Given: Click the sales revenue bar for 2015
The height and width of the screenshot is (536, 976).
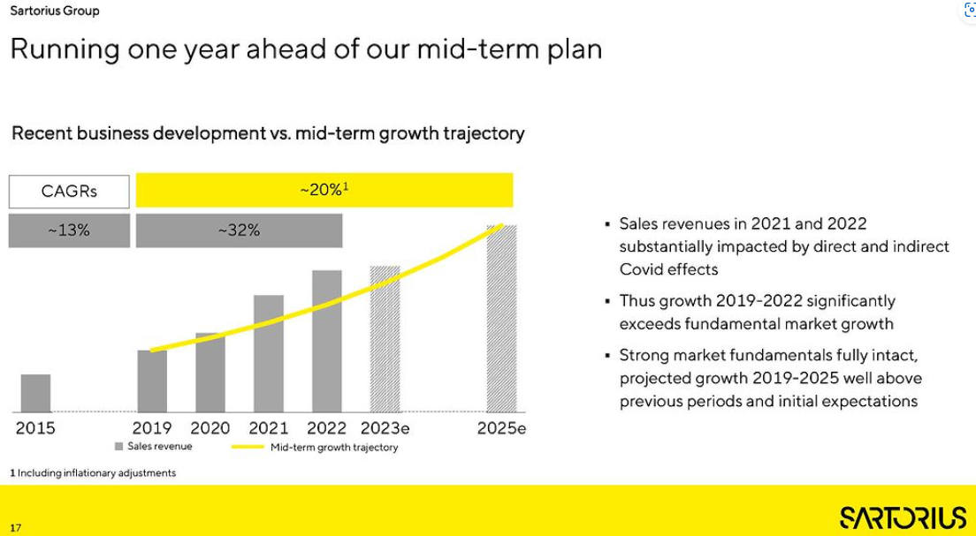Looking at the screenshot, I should pyautogui.click(x=35, y=393).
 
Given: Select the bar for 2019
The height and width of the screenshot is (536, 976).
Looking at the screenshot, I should pyautogui.click(x=152, y=381).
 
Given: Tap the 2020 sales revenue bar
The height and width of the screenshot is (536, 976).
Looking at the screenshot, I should pyautogui.click(x=210, y=373).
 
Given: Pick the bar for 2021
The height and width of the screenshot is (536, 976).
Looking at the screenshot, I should pyautogui.click(x=269, y=353).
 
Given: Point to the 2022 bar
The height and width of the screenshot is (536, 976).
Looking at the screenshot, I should pyautogui.click(x=327, y=341).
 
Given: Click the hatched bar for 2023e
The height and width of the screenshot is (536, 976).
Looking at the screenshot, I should pyautogui.click(x=385, y=339).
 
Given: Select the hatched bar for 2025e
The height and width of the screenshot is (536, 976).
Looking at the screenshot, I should pyautogui.click(x=502, y=319).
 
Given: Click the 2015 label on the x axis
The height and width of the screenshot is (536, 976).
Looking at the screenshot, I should pyautogui.click(x=35, y=428).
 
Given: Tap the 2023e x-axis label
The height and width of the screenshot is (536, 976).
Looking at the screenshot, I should pyautogui.click(x=385, y=428).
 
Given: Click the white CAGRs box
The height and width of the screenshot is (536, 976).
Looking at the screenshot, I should pyautogui.click(x=69, y=191).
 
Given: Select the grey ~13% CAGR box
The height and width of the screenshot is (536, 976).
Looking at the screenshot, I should pyautogui.click(x=69, y=230).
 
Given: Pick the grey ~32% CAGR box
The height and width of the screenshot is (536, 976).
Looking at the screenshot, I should pyautogui.click(x=239, y=230).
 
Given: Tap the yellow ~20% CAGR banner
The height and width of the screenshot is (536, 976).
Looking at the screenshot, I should pyautogui.click(x=324, y=189).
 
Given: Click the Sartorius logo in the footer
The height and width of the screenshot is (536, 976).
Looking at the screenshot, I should pyautogui.click(x=903, y=517).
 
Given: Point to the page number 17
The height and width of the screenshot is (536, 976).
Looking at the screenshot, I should pyautogui.click(x=16, y=528).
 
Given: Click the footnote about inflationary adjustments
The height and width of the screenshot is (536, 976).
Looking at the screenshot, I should pyautogui.click(x=93, y=473).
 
